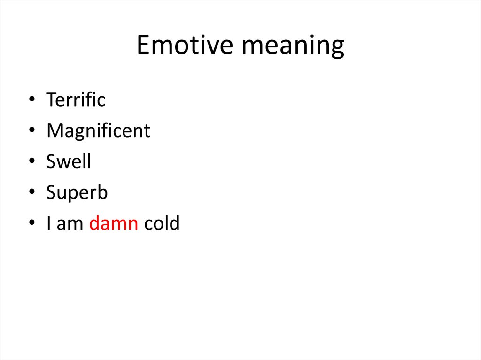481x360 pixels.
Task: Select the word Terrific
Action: [76, 100]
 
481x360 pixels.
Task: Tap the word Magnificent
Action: [98, 130]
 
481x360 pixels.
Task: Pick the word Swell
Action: [69, 161]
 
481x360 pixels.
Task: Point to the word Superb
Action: [77, 193]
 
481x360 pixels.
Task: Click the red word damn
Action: [113, 223]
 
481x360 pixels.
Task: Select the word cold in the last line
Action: [162, 223]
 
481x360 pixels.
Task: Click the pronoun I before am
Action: [49, 223]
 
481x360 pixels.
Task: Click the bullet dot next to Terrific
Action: [31, 100]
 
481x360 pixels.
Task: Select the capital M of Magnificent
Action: [54, 130]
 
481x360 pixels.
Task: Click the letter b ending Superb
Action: [103, 192]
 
